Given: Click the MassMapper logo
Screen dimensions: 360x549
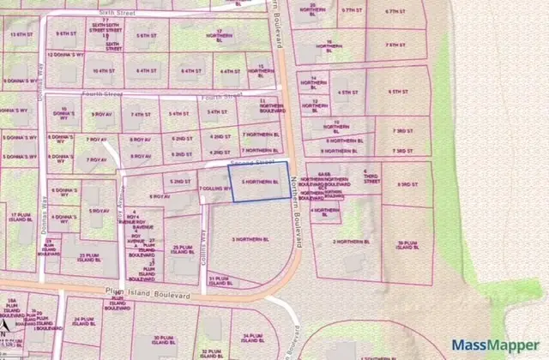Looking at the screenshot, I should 496,345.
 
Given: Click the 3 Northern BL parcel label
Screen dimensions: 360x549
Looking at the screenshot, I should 250,239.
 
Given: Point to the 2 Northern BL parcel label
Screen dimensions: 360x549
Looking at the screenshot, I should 351,242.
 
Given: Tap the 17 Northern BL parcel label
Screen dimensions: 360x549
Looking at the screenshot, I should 223,33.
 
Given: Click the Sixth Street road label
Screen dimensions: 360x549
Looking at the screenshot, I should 118,14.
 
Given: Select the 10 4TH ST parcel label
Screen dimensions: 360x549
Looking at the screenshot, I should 104,71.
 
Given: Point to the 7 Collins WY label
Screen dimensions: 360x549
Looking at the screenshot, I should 214,189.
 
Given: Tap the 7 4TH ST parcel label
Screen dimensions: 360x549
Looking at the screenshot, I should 140,113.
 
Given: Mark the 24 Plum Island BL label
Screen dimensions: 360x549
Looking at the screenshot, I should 83,321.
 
